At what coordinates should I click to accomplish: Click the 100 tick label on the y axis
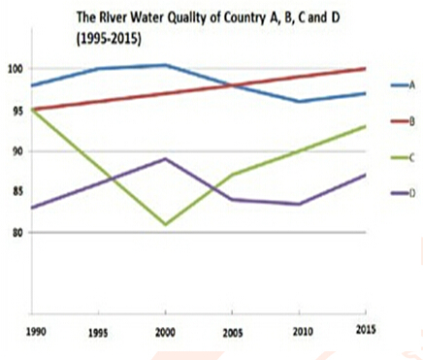click(x=15, y=69)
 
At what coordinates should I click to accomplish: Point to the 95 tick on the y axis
click(x=15, y=110)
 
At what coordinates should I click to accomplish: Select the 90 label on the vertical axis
click(x=15, y=151)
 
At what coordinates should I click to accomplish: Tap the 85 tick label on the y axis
click(x=15, y=192)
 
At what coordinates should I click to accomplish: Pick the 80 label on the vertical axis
click(x=15, y=233)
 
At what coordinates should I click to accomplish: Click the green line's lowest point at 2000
click(x=165, y=224)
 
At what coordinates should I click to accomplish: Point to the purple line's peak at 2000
click(x=165, y=158)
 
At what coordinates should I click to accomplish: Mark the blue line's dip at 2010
click(x=298, y=101)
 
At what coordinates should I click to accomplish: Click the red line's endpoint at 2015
click(x=365, y=69)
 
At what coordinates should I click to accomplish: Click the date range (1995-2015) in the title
click(x=109, y=41)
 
